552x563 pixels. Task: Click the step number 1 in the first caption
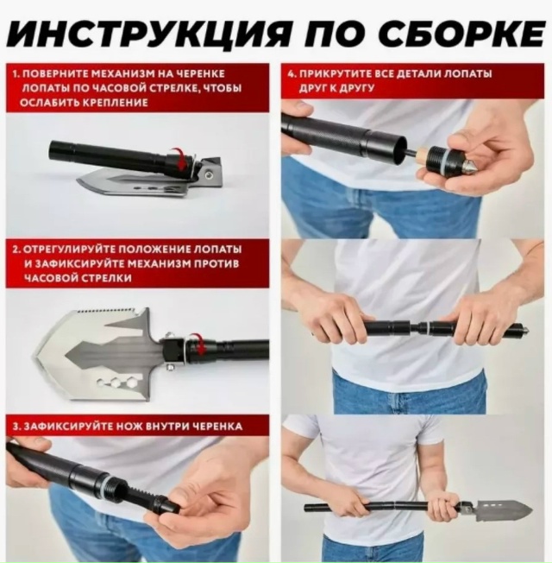pos(15,74)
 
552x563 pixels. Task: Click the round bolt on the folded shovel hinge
pos(208,176)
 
